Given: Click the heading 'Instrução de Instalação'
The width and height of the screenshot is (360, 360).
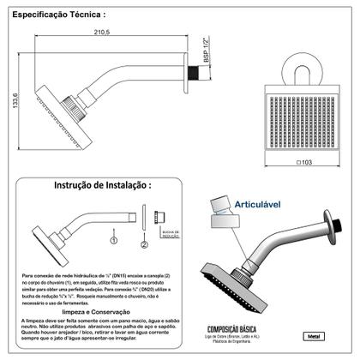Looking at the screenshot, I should [x=103, y=184].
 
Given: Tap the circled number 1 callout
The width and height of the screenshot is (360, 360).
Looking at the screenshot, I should [x=112, y=230].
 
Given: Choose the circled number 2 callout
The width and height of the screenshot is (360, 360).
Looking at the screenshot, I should [x=145, y=244].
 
